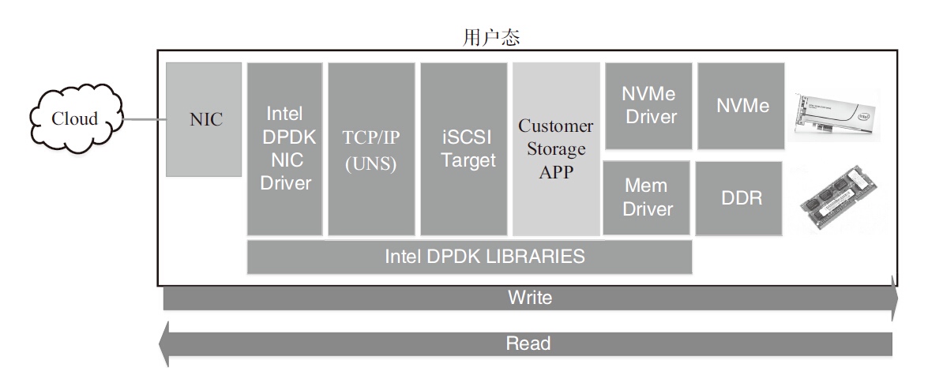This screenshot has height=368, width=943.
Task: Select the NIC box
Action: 205,119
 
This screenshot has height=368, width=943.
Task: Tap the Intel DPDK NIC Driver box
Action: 285,148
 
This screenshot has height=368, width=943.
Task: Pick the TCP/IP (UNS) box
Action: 371,148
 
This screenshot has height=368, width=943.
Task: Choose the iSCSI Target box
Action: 464,148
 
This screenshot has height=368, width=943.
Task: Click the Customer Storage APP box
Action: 555,148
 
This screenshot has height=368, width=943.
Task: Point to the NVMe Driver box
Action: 648,105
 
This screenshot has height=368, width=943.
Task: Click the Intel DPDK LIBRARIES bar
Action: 470,257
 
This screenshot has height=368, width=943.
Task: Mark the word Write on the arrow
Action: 530,298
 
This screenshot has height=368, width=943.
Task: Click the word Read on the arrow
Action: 528,344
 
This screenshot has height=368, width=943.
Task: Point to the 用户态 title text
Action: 490,36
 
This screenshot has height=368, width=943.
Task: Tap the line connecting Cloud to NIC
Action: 145,120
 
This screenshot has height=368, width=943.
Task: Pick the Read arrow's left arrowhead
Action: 164,344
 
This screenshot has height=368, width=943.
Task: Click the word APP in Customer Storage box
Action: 555,172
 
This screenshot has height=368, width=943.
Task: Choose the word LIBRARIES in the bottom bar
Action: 537,257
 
